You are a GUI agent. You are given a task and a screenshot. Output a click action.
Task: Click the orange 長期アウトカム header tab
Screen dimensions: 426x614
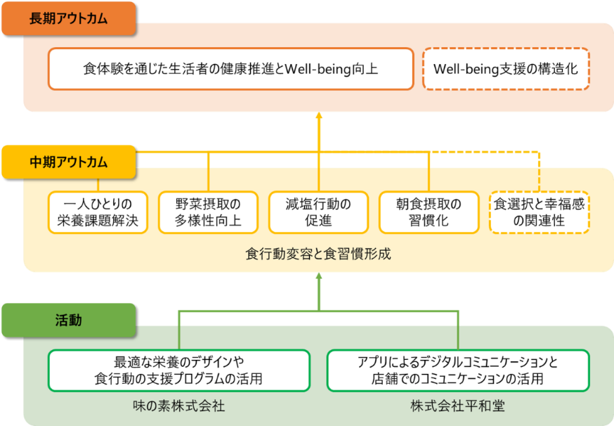pos(68,19)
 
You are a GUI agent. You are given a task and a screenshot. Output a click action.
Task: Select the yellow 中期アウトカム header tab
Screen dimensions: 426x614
pos(68,162)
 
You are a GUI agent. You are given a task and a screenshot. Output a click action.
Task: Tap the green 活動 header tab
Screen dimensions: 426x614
pos(68,320)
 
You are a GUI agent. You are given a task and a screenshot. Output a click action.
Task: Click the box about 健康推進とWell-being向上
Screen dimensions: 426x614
pos(230,69)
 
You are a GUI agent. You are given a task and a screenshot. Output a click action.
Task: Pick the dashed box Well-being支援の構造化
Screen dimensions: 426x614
pos(506,69)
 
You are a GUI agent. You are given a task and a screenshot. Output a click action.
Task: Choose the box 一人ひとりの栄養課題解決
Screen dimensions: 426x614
pos(98,213)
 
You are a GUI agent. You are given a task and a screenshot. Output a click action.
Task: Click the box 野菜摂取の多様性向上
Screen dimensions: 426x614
pos(209,213)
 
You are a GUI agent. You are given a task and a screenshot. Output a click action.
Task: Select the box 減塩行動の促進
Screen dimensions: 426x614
pos(318,213)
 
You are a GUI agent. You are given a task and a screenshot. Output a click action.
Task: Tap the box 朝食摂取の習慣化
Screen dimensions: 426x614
pos(429,213)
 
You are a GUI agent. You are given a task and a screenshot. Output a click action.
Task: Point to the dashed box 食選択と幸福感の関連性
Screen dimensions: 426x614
pos(539,213)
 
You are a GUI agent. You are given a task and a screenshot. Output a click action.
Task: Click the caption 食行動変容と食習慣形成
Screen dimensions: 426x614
pos(318,254)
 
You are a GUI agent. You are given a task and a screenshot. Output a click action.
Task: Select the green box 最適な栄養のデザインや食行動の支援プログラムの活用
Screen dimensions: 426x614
pos(178,370)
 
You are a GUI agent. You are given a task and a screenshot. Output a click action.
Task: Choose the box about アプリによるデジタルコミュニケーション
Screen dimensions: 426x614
pos(457,370)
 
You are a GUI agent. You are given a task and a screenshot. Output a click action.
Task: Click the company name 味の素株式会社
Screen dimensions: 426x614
pos(178,406)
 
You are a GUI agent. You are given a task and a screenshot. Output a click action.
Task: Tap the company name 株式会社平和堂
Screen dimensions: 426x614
pos(457,406)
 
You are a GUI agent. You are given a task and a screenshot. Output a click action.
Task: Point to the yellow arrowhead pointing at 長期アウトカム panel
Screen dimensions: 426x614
pos(318,116)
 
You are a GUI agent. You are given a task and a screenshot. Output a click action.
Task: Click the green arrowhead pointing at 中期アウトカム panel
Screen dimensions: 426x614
pos(318,278)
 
